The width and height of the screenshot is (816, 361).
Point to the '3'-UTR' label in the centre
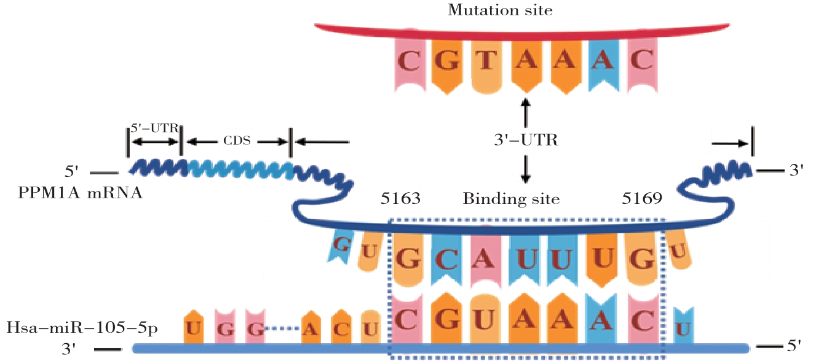(525, 141)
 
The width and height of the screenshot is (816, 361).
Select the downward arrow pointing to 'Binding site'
(525, 169)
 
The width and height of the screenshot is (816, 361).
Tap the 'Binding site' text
(511, 199)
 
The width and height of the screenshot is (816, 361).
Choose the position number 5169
(642, 199)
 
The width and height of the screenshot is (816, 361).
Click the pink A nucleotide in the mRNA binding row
(486, 260)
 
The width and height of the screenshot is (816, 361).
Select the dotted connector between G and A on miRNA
(282, 330)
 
